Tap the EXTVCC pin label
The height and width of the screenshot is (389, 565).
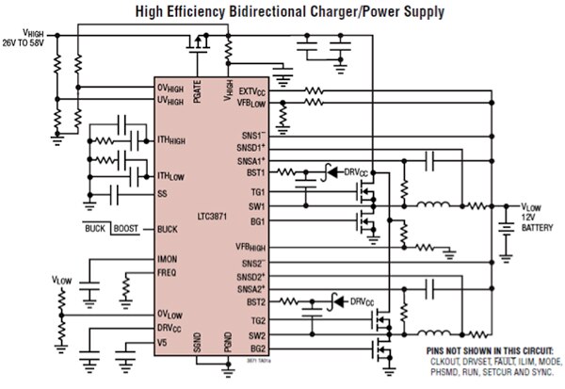click(250, 92)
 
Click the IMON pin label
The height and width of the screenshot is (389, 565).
click(168, 258)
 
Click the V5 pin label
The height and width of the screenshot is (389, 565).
click(161, 342)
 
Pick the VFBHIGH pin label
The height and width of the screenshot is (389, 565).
click(250, 247)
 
